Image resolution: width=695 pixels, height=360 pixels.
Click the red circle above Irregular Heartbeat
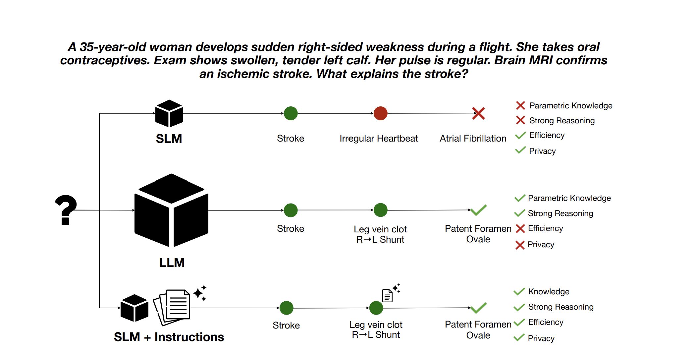pyautogui.click(x=380, y=113)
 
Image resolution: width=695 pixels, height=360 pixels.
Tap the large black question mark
pyautogui.click(x=66, y=210)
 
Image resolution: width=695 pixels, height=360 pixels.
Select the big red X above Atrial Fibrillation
pyautogui.click(x=478, y=113)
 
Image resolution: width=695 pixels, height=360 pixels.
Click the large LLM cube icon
pyautogui.click(x=171, y=210)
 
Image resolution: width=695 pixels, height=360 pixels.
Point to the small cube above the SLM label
pyautogui.click(x=169, y=113)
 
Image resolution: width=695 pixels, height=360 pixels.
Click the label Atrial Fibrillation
pyautogui.click(x=473, y=139)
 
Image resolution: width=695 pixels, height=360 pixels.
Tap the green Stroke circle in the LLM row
pyautogui.click(x=291, y=210)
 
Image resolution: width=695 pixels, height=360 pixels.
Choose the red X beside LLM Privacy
pyautogui.click(x=520, y=245)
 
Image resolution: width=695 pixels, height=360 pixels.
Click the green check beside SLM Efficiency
pyautogui.click(x=520, y=135)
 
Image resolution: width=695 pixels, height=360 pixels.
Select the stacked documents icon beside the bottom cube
pyautogui.click(x=172, y=307)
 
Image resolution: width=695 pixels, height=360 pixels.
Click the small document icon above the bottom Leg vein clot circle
pyautogui.click(x=387, y=295)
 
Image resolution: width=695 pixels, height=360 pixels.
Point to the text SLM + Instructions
pyautogui.click(x=169, y=337)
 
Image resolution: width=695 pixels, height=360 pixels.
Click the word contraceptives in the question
pyautogui.click(x=105, y=61)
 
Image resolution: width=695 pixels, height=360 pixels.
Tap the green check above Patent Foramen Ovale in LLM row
pyautogui.click(x=478, y=210)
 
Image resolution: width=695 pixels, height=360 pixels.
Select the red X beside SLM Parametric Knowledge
pyautogui.click(x=520, y=105)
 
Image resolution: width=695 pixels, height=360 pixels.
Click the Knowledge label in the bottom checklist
pyautogui.click(x=549, y=292)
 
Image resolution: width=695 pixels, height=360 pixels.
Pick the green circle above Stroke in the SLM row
pyautogui.click(x=291, y=113)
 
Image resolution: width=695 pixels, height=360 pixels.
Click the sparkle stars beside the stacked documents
pyautogui.click(x=200, y=293)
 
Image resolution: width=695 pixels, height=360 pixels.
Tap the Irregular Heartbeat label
pyautogui.click(x=379, y=139)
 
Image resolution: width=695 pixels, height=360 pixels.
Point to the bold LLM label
pyautogui.click(x=172, y=263)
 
